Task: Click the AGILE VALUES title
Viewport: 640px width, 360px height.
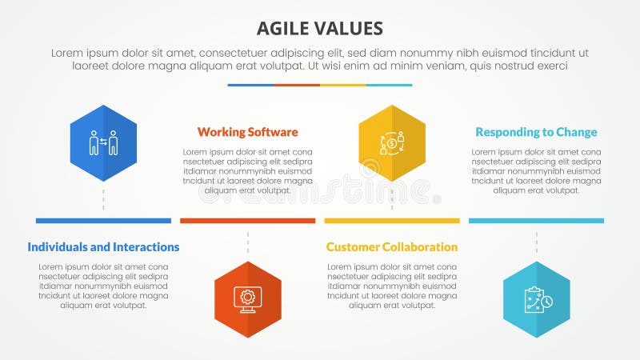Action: (x=320, y=30)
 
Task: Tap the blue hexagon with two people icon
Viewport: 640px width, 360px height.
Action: (x=103, y=143)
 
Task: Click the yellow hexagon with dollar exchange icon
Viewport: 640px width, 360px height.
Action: (x=392, y=143)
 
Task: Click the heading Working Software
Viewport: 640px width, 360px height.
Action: (x=247, y=132)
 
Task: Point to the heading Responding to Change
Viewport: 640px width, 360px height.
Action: (x=536, y=132)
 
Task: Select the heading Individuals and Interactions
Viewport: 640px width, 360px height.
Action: (x=103, y=247)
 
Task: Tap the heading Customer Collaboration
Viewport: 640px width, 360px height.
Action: (x=392, y=247)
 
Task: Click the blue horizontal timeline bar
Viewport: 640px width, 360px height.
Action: (x=103, y=221)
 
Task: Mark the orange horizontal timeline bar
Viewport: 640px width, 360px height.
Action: (x=247, y=221)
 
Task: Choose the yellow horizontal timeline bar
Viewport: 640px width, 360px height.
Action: (x=392, y=221)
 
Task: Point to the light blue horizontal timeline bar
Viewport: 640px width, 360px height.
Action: (x=536, y=221)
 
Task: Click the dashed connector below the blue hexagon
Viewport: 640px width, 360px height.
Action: (x=103, y=200)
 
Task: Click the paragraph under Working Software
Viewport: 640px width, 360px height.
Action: (x=247, y=170)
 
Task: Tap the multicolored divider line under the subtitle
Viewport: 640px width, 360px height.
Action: (x=320, y=85)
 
